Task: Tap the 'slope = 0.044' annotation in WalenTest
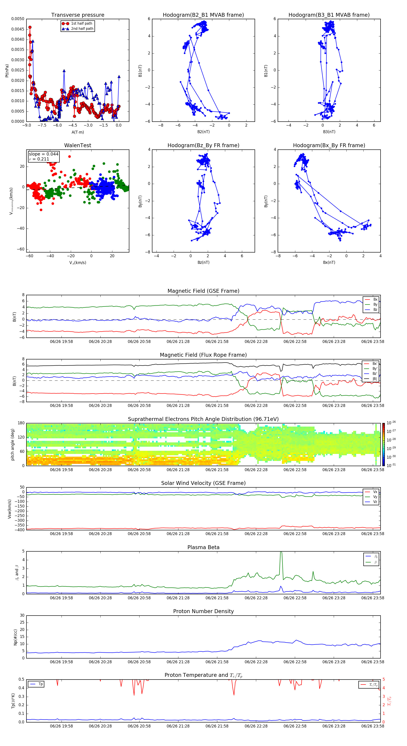[x=43, y=154]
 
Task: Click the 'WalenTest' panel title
[x=78, y=145]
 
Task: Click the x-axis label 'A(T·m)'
[x=78, y=132]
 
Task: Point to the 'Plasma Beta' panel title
[x=203, y=547]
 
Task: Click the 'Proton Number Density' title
[x=203, y=611]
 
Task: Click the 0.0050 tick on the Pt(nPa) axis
[x=18, y=19]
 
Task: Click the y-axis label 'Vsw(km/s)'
[x=9, y=509]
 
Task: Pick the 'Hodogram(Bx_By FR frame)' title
[x=329, y=145]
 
